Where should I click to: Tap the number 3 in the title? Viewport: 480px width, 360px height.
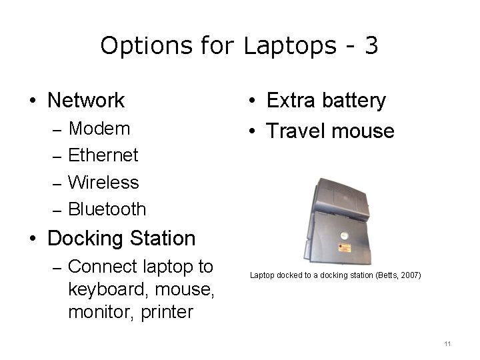point(371,46)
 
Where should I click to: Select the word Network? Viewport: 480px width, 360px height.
point(86,101)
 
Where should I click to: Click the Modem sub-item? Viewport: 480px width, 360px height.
point(99,128)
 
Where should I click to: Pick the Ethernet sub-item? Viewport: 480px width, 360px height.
point(103,155)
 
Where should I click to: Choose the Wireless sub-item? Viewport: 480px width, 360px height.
point(103,182)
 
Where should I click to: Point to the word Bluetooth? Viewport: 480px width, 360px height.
point(107,209)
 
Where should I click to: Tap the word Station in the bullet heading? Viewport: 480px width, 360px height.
point(163,238)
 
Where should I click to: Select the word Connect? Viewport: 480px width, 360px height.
point(103,267)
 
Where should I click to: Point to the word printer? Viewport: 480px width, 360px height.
point(167,311)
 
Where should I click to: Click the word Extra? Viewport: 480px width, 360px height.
point(291,101)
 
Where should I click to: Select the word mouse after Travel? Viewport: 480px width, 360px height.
point(363,131)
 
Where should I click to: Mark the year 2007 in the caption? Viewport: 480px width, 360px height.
point(409,275)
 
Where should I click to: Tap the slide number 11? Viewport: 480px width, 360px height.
point(447,343)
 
